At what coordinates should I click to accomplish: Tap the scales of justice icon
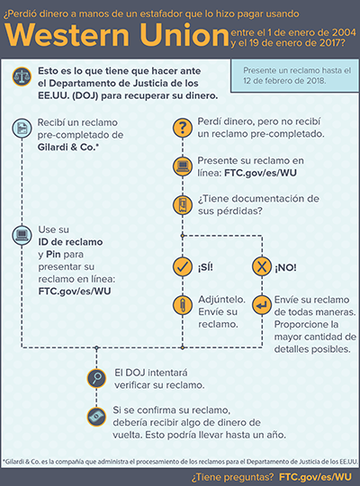tap(20, 77)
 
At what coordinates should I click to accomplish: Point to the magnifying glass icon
tap(94, 376)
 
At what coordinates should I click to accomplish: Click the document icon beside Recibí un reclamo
tap(20, 128)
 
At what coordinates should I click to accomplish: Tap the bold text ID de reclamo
tap(70, 242)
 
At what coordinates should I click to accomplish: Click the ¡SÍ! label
tap(208, 266)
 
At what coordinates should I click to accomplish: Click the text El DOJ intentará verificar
tap(159, 377)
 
